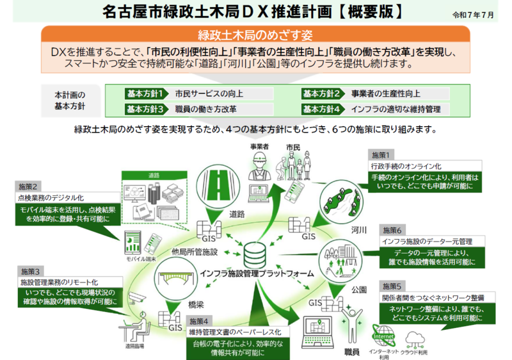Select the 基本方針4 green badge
324,109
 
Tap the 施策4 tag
198,320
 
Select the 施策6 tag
392,231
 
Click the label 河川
359,229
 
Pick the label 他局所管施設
195,252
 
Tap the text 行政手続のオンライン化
407,166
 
